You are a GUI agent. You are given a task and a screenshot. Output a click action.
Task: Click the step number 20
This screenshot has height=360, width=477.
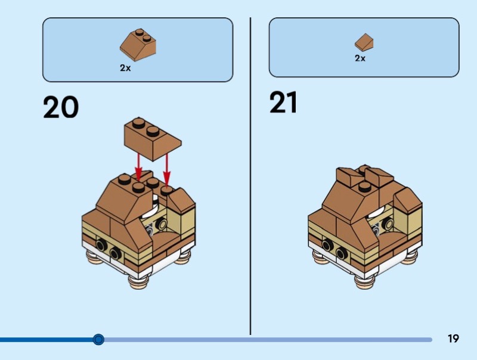click(61, 107)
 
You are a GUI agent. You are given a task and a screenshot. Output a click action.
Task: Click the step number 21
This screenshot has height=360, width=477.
click(283, 103)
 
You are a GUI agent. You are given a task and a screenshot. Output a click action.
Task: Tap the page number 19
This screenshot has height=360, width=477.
click(453, 339)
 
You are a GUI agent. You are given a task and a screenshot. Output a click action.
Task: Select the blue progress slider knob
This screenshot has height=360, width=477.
click(99, 340)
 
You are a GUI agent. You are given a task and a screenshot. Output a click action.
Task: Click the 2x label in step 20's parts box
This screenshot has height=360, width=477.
click(125, 68)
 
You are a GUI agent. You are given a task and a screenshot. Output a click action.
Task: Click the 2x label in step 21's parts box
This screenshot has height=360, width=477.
click(360, 58)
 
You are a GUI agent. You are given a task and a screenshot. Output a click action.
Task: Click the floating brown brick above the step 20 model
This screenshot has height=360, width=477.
click(153, 138)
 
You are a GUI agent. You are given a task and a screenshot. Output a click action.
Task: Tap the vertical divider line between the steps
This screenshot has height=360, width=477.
click(250, 179)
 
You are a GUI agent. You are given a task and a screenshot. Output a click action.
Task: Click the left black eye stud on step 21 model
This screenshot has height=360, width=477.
click(329, 245)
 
